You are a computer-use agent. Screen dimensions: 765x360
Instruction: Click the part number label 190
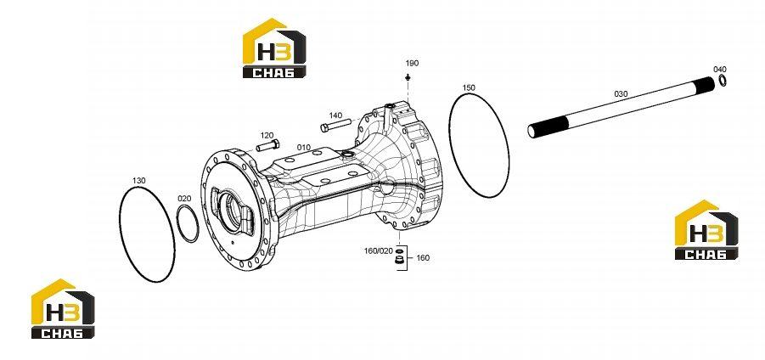click(x=413, y=64)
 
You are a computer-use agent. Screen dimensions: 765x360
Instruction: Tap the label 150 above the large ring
click(x=469, y=87)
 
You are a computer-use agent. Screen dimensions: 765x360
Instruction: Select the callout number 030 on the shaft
click(x=621, y=93)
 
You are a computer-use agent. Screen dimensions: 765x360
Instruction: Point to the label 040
click(x=720, y=70)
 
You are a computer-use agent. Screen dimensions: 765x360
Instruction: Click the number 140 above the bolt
click(x=335, y=115)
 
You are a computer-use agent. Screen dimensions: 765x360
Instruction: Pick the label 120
click(x=267, y=135)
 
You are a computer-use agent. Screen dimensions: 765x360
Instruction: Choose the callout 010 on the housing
click(x=304, y=148)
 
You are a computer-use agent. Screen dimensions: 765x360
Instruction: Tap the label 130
click(x=139, y=181)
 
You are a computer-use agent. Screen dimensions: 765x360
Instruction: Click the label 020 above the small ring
click(x=184, y=199)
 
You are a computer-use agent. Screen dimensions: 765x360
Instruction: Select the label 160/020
click(x=378, y=250)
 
